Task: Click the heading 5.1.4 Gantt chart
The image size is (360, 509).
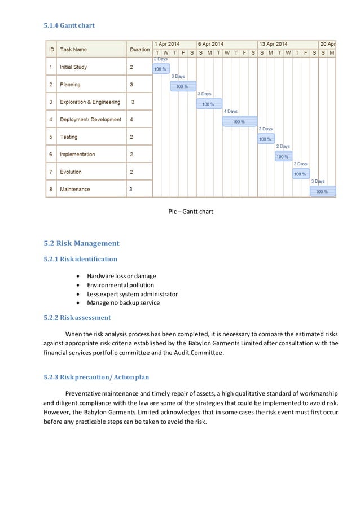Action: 69,25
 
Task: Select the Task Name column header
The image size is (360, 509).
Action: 73,50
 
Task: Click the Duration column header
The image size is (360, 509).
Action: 139,50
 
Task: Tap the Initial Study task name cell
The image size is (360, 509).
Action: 73,67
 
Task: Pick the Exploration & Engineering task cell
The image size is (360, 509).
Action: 90,102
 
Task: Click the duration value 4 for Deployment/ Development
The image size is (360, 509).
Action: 131,120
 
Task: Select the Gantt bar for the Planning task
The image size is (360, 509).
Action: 182,86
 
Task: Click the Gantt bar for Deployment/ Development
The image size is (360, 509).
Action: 239,121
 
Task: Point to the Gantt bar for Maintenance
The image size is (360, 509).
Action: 322,191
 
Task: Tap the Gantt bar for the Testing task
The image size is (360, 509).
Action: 266,139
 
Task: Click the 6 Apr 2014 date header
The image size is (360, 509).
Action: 210,44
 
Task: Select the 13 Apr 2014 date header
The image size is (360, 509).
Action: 273,44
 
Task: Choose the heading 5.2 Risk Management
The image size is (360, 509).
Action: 81,244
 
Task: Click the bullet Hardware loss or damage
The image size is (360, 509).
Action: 121,276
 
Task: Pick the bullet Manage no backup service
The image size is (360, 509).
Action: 123,302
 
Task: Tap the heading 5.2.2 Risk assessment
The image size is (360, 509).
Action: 77,318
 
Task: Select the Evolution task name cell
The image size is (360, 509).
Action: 71,172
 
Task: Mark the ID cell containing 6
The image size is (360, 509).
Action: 51,155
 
